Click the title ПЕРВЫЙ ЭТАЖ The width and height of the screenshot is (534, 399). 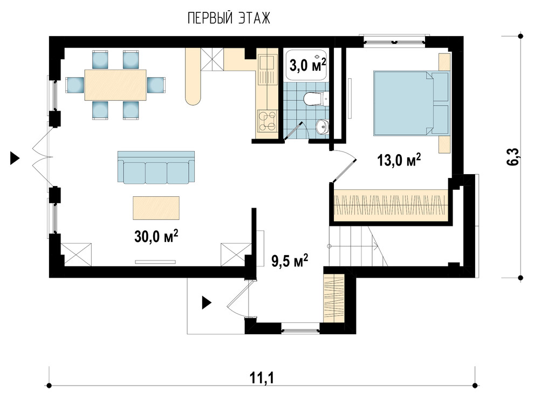[x=229, y=18]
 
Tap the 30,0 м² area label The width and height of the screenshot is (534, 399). [x=156, y=236]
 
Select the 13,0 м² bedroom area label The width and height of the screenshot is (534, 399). [x=399, y=160]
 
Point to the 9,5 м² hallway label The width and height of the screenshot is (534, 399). [x=290, y=261]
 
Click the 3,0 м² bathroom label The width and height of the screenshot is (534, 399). [x=308, y=65]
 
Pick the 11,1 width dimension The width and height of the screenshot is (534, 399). [x=262, y=377]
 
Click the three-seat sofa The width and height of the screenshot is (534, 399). [x=156, y=168]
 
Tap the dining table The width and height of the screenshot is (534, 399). [x=115, y=85]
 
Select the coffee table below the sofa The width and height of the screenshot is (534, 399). [x=156, y=208]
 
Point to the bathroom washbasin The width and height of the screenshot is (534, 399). [x=323, y=127]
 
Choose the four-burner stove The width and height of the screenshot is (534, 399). [x=267, y=121]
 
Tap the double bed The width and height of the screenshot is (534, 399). [x=411, y=103]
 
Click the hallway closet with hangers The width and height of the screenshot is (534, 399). [x=334, y=298]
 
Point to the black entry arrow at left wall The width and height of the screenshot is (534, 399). [x=15, y=159]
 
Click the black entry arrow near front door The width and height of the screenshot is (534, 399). [x=207, y=302]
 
